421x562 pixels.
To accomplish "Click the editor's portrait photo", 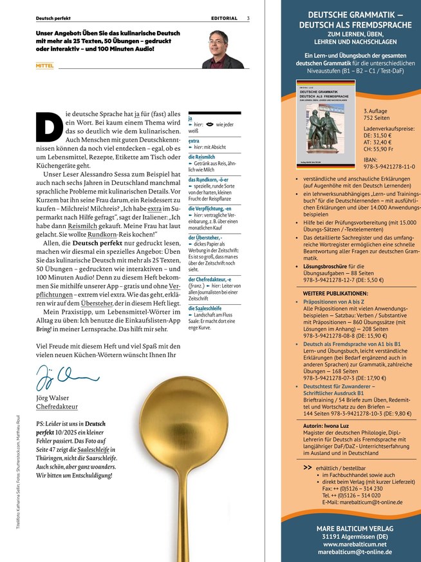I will pyautogui.click(x=223, y=47).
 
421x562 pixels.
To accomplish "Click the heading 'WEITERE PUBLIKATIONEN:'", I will pyautogui.click(x=335, y=293).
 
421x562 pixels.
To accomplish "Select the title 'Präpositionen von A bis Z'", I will pyautogui.click(x=335, y=302).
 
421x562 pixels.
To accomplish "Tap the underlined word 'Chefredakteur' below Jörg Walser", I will pyautogui.click(x=57, y=407).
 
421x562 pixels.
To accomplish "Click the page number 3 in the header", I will pyautogui.click(x=248, y=18).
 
